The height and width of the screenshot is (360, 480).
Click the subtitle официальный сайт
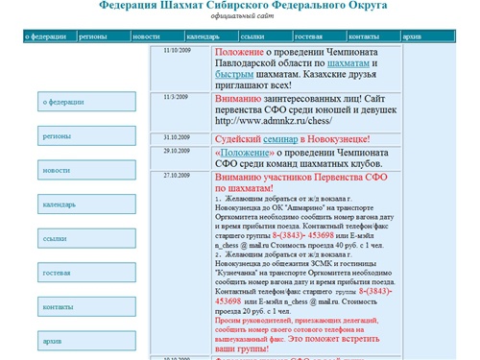239,18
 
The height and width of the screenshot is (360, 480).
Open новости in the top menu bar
147,36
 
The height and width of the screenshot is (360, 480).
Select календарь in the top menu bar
204,36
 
